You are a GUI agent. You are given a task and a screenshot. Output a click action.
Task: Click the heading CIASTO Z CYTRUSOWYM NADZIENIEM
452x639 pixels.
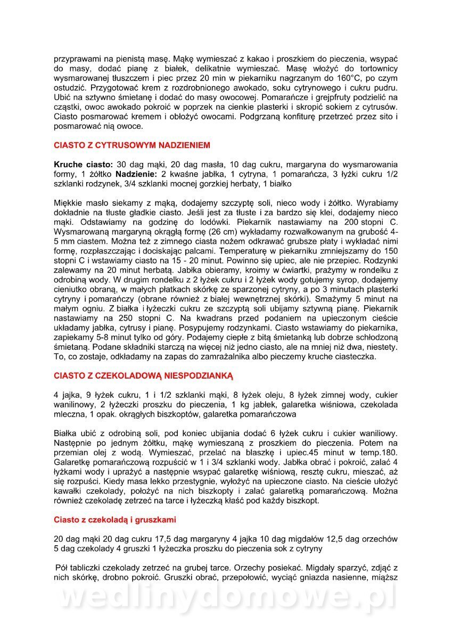[132, 145]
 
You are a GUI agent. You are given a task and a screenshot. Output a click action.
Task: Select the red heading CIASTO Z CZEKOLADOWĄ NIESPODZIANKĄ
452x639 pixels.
[144, 375]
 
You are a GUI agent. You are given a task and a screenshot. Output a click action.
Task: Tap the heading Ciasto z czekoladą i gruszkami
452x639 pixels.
[115, 519]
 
